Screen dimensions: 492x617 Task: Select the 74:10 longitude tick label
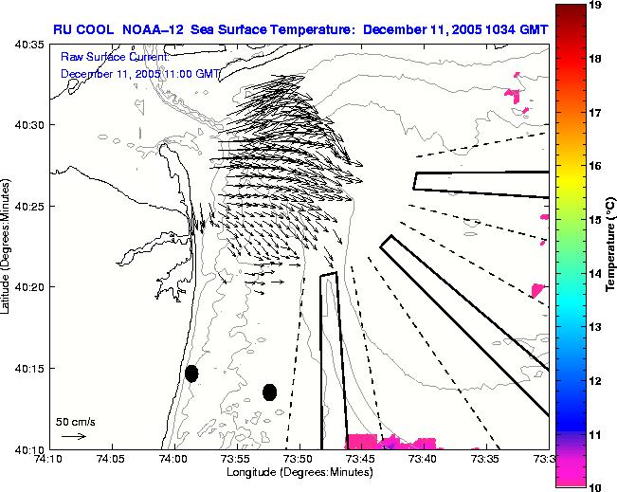pyautogui.click(x=49, y=458)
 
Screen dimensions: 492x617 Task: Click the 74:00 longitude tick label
pyautogui.click(x=173, y=458)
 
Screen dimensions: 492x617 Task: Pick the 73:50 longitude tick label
pyautogui.click(x=299, y=458)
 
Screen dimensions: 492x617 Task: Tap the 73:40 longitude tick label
pyautogui.click(x=423, y=458)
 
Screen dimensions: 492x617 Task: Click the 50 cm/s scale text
pyautogui.click(x=75, y=421)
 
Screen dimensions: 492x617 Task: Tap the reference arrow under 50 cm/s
pyautogui.click(x=73, y=436)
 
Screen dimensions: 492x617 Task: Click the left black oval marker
pyautogui.click(x=191, y=374)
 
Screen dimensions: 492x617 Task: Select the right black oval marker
pyautogui.click(x=269, y=392)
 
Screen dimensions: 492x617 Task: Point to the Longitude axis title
pyautogui.click(x=299, y=472)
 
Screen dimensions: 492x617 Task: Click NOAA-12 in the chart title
pyautogui.click(x=155, y=29)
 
